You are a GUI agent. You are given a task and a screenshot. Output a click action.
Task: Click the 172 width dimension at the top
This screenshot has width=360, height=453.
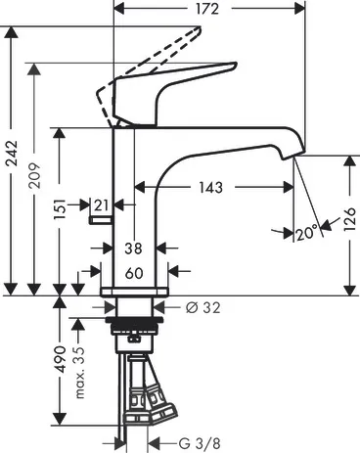click(207, 9)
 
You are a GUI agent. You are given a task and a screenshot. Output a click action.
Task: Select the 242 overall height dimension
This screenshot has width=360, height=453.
click(13, 154)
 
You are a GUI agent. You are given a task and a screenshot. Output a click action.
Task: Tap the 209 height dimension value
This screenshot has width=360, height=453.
click(34, 175)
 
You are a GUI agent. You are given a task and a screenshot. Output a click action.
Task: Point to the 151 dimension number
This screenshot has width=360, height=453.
click(60, 209)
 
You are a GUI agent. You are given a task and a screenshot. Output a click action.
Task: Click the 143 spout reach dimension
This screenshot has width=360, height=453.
click(211, 188)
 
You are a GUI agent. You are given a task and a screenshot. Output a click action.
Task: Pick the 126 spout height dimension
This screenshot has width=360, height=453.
click(349, 219)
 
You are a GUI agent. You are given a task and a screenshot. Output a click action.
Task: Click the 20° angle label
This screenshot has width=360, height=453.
click(307, 233)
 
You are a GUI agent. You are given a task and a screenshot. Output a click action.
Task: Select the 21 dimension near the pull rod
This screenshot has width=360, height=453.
click(101, 205)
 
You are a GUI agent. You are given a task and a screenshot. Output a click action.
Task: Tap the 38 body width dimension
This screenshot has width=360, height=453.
click(134, 249)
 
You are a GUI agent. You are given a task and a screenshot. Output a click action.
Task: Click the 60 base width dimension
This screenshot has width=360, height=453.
click(134, 273)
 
